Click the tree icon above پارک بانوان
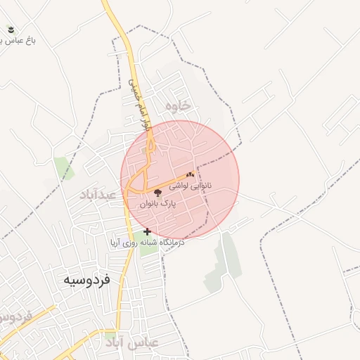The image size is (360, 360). click(x=156, y=192)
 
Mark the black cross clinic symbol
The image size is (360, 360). click(x=147, y=231)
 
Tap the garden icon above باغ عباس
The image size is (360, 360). click(x=11, y=29)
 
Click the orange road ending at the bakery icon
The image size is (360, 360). click(x=169, y=182)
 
